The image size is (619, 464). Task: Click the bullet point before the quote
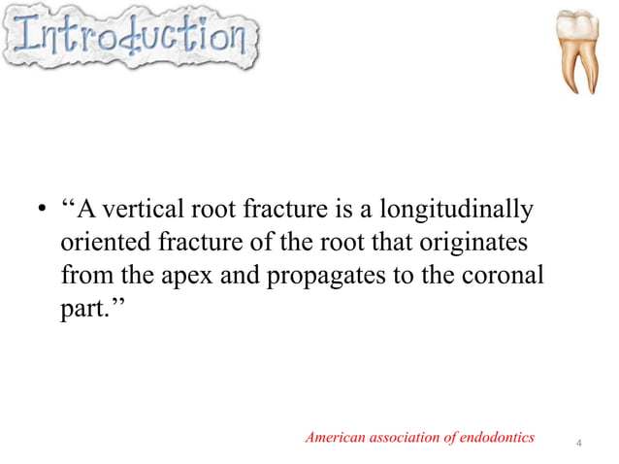click(42, 211)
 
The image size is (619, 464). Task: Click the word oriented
click(103, 243)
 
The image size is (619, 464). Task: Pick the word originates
click(472, 243)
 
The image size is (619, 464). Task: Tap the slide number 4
click(578, 445)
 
